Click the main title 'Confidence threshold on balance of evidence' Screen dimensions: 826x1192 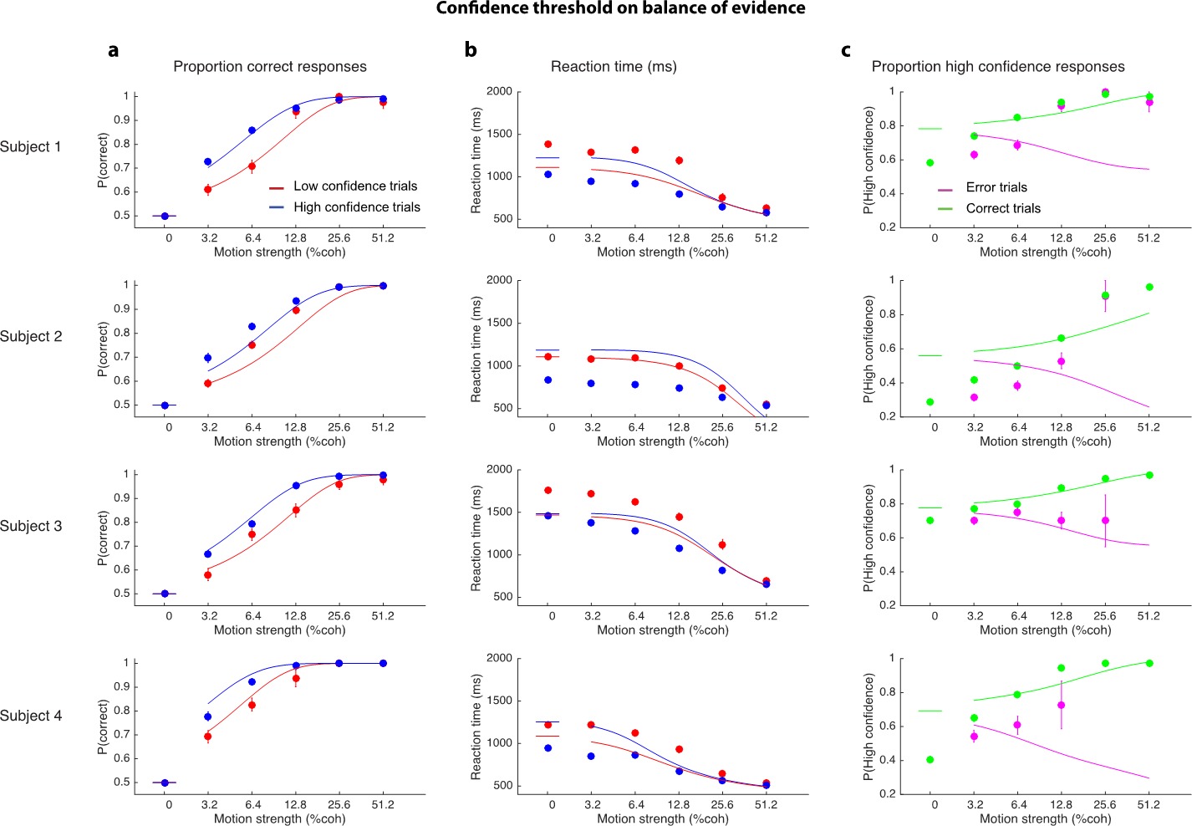coord(620,9)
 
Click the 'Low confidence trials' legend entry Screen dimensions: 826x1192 coord(354,186)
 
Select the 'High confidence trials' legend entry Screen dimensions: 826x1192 coord(356,207)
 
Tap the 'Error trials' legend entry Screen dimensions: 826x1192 coord(996,187)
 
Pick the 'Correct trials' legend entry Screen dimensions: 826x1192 coord(1002,208)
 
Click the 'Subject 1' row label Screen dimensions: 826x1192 coord(31,147)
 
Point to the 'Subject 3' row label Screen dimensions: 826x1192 coord(31,527)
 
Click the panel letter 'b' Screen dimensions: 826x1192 coord(471,50)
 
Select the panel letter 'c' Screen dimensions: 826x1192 coord(846,50)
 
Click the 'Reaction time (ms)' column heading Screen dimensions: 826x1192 coord(614,67)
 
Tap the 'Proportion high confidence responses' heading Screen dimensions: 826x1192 coord(998,67)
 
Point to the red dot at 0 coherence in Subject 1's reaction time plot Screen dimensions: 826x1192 coord(548,145)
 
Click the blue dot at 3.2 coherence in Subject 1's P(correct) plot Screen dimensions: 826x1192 coord(208,162)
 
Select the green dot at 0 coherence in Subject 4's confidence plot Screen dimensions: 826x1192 coord(930,760)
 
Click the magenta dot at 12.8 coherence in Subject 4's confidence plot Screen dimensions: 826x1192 coord(1061,705)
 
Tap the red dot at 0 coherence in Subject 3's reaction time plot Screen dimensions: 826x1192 coord(548,491)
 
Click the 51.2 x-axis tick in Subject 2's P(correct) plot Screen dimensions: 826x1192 coord(382,427)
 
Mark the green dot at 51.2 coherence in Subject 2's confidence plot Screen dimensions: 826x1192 coord(1149,288)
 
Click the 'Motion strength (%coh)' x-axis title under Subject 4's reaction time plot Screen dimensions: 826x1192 coord(662,818)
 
